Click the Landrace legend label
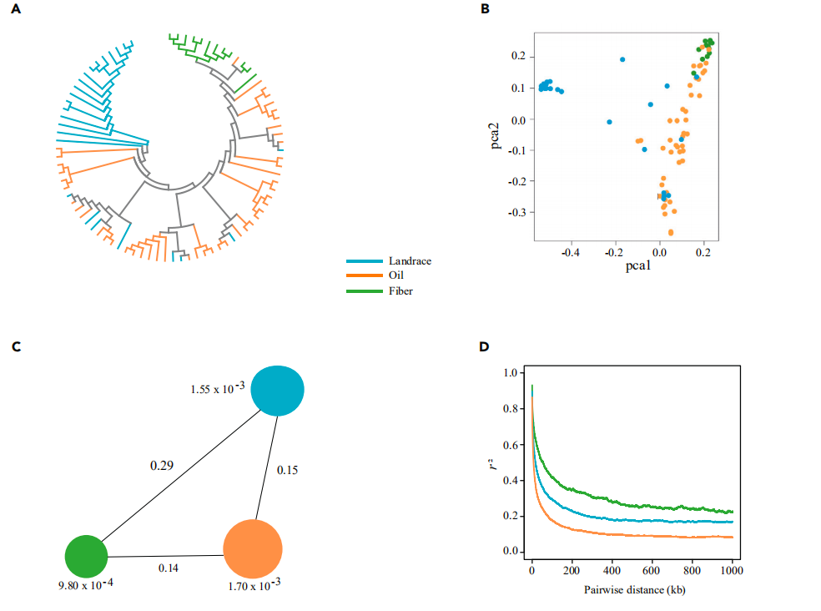(x=409, y=261)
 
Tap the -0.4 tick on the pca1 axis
(x=570, y=249)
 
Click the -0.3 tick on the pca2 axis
(x=518, y=212)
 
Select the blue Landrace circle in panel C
(x=277, y=391)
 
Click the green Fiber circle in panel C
(x=86, y=555)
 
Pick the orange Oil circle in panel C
(x=253, y=548)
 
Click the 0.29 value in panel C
(x=162, y=464)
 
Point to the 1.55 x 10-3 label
(x=218, y=389)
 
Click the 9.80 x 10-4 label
(x=88, y=585)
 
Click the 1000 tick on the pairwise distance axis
(x=732, y=572)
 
